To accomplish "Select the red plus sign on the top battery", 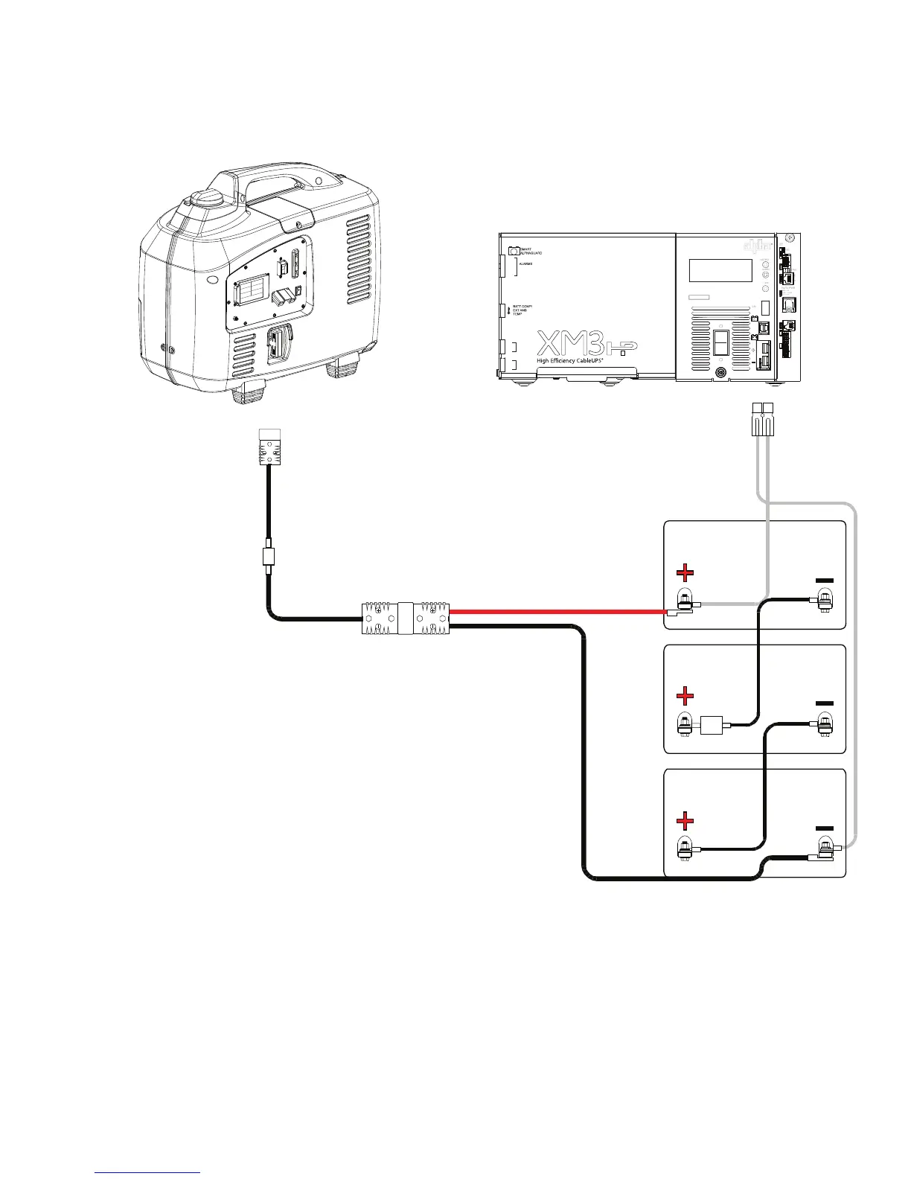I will coord(685,572).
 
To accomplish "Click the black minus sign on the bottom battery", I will coord(824,828).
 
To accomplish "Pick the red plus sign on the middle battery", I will coord(685,697).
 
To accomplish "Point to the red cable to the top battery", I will coord(558,612).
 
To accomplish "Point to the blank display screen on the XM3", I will coord(720,270).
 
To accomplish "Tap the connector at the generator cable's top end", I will coord(269,447).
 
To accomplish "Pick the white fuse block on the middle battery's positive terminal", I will coord(712,723).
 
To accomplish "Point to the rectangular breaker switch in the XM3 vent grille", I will coord(720,342).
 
